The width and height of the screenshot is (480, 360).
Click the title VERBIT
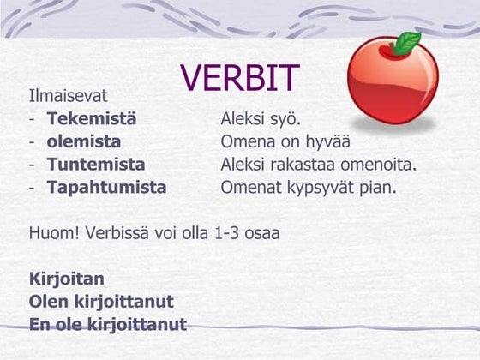[x=240, y=77]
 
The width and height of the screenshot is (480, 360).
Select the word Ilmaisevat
[x=68, y=96]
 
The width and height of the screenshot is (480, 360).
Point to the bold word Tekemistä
[x=92, y=119]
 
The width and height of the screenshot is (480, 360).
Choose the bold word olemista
[x=84, y=141]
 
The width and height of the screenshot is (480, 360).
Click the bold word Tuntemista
[x=96, y=164]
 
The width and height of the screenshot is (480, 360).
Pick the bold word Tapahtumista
[x=106, y=187]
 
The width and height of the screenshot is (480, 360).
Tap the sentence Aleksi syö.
[x=261, y=119]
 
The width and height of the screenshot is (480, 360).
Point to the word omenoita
[x=381, y=164]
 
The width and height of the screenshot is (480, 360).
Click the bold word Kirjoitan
[x=67, y=279]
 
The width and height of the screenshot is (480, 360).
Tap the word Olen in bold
[x=47, y=302]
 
